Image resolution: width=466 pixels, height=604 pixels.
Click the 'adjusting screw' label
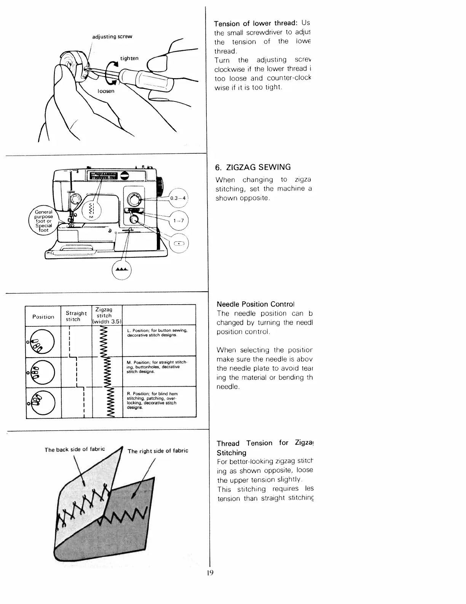click(112, 37)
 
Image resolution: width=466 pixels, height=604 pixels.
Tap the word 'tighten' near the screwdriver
click(129, 58)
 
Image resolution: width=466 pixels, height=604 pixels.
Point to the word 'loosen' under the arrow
click(106, 91)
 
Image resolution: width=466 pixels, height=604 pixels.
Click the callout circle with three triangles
click(122, 269)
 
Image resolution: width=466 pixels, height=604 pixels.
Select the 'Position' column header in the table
click(43, 316)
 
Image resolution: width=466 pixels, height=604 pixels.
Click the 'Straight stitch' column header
click(76, 316)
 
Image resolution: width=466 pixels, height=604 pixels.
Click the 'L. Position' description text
click(156, 333)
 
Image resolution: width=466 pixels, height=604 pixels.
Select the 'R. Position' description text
click(152, 400)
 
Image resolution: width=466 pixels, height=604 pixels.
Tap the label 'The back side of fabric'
click(75, 450)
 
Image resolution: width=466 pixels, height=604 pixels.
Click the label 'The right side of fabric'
click(158, 451)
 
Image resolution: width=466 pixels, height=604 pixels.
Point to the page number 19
click(210, 573)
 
